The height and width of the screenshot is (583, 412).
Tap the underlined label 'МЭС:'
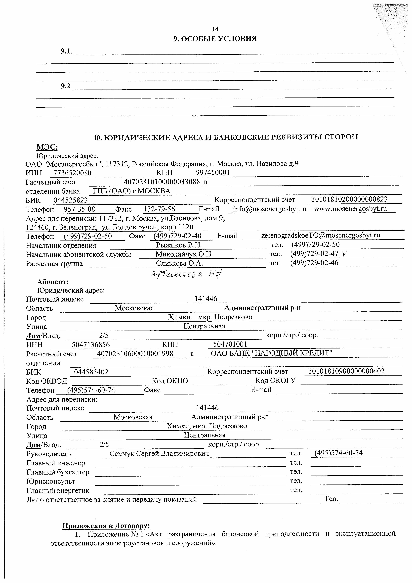point(47,147)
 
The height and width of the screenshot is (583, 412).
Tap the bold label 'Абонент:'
point(53,282)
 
